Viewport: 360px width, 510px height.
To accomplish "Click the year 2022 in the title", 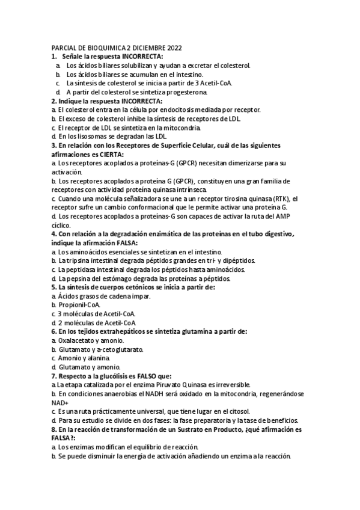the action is [x=179, y=48].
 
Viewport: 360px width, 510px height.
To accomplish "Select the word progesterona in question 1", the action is [x=185, y=92].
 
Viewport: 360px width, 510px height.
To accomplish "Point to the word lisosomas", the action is [x=84, y=137].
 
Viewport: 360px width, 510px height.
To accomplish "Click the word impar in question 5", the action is [x=141, y=296].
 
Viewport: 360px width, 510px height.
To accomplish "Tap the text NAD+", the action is [x=60, y=402].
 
